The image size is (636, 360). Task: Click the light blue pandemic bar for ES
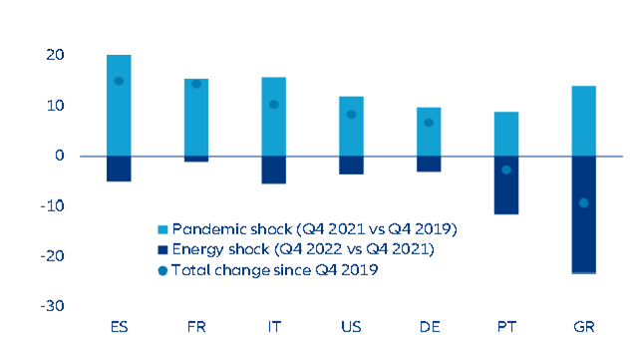pos(119,105)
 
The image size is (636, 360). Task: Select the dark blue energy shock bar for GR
pos(583,213)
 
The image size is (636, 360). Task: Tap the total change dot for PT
pos(506,170)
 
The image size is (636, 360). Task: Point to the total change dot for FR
pos(196,84)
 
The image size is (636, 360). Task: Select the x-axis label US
pos(352,326)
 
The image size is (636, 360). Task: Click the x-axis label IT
pos(274,326)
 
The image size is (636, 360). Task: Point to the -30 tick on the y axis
pos(51,305)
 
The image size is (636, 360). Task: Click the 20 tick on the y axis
pos(54,55)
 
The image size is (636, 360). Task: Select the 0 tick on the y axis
pos(59,156)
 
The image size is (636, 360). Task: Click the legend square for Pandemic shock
pos(163,229)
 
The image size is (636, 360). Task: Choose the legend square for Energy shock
pos(163,249)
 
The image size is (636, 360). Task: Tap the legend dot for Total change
pos(163,270)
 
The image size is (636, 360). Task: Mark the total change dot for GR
pos(583,202)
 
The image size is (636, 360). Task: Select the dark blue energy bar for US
pos(352,165)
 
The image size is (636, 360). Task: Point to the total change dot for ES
pos(119,81)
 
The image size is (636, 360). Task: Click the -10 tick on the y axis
pos(51,205)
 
